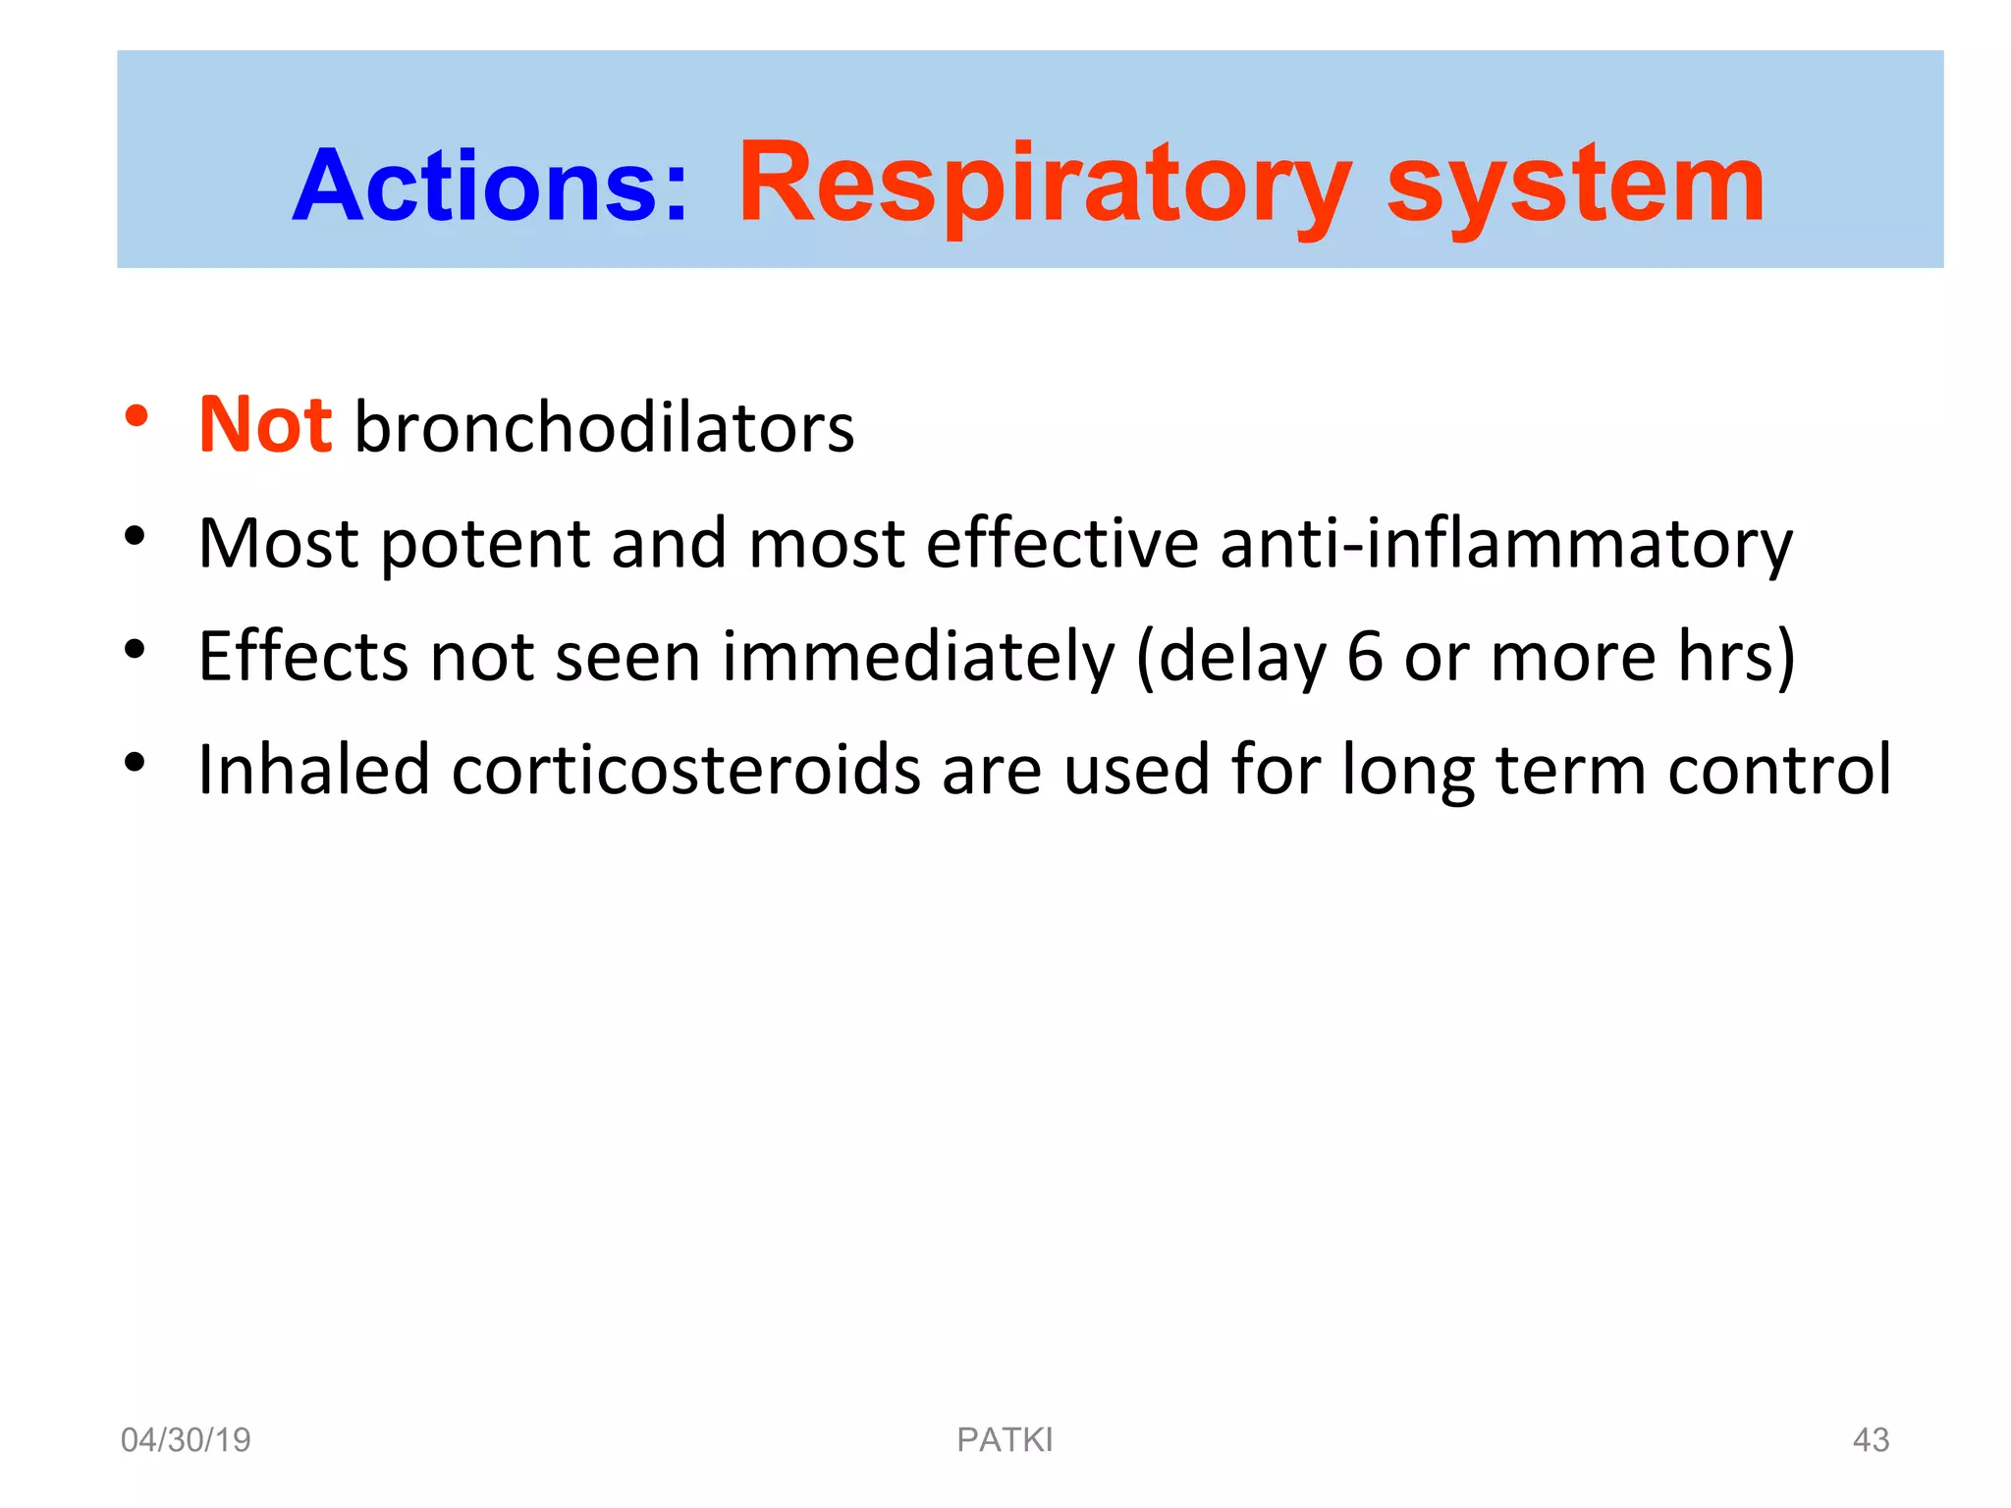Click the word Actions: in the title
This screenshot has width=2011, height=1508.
[490, 186]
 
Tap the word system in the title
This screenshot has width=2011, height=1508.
[1575, 186]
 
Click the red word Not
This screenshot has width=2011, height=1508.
[265, 425]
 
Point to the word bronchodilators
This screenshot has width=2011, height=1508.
[604, 428]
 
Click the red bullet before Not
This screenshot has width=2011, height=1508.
[136, 417]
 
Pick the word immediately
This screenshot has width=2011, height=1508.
[918, 658]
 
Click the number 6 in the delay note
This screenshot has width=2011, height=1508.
[1364, 656]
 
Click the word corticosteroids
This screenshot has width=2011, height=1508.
[685, 769]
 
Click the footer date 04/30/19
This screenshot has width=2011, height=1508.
[186, 1440]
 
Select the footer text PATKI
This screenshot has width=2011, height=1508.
[1005, 1440]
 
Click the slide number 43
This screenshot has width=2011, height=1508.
[1870, 1440]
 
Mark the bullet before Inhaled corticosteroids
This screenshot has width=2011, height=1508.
[136, 762]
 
